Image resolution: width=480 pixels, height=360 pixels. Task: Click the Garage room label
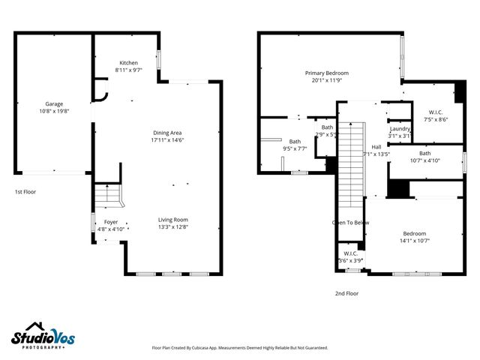[53, 104]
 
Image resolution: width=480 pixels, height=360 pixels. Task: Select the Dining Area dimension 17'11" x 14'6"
[169, 139]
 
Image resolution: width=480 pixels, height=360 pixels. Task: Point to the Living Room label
[174, 219]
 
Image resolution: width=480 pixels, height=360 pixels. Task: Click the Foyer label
[110, 222]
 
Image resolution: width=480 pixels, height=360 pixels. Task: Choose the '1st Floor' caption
[25, 192]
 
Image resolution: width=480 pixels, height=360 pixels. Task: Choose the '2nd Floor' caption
[346, 293]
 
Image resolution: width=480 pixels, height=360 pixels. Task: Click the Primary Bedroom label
[326, 73]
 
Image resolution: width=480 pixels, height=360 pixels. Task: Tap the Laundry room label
[400, 129]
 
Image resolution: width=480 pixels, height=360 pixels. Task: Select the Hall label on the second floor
[376, 147]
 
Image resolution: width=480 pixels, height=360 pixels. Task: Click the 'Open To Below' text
[351, 223]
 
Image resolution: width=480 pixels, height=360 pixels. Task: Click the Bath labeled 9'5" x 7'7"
[295, 141]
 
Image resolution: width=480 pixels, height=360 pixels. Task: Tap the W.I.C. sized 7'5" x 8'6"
[435, 112]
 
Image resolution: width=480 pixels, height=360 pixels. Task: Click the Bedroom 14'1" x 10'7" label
[414, 233]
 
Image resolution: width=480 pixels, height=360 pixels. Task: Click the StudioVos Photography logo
[43, 337]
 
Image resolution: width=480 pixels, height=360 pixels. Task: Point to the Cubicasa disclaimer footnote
[240, 348]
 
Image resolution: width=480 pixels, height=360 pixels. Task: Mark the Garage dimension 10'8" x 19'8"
[53, 111]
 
